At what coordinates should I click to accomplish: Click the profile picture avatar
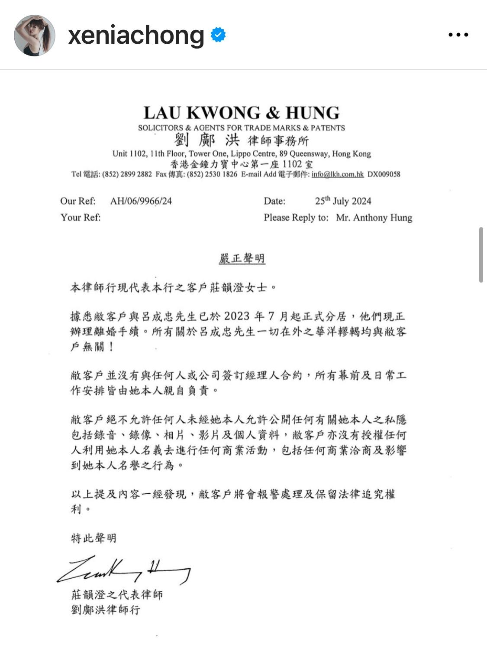pyautogui.click(x=35, y=35)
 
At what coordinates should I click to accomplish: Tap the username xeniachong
pyautogui.click(x=136, y=35)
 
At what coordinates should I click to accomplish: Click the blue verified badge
pyautogui.click(x=218, y=35)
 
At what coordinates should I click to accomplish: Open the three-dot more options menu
pyautogui.click(x=458, y=35)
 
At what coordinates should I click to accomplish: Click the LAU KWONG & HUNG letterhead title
pyautogui.click(x=241, y=113)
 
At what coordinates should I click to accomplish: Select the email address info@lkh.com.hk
pyautogui.click(x=337, y=174)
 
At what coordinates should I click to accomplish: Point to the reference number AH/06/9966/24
pyautogui.click(x=141, y=201)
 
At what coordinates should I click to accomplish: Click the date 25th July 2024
pyautogui.click(x=343, y=201)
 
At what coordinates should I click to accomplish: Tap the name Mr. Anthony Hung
pyautogui.click(x=374, y=217)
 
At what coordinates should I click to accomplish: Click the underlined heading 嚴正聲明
pyautogui.click(x=242, y=259)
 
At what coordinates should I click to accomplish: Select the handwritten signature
pyautogui.click(x=123, y=570)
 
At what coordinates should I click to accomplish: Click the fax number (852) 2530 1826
pyautogui.click(x=212, y=174)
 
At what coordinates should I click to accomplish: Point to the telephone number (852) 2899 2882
pyautogui.click(x=127, y=174)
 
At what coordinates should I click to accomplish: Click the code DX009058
pyautogui.click(x=384, y=174)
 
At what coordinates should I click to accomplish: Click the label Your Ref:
pyautogui.click(x=81, y=217)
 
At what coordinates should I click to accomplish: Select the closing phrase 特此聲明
pyautogui.click(x=94, y=538)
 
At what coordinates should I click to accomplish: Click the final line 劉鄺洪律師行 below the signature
pyautogui.click(x=106, y=609)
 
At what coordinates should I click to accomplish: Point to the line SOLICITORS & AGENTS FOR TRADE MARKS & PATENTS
pyautogui.click(x=241, y=128)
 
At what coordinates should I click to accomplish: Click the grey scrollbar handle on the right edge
pyautogui.click(x=481, y=254)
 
